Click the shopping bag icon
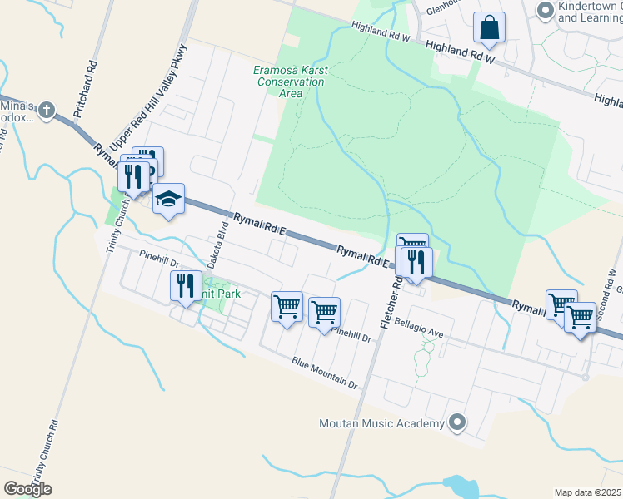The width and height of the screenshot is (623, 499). pyautogui.click(x=490, y=28)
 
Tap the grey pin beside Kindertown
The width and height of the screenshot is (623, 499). pyautogui.click(x=546, y=11)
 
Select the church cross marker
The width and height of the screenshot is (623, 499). pyautogui.click(x=47, y=109)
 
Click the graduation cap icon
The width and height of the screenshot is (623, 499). pyautogui.click(x=168, y=200)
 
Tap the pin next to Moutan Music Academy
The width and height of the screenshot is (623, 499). pyautogui.click(x=456, y=423)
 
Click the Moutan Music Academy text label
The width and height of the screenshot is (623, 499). pyautogui.click(x=382, y=424)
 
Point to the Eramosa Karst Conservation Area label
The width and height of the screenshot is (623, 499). pyautogui.click(x=290, y=82)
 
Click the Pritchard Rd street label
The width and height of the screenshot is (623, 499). pyautogui.click(x=85, y=88)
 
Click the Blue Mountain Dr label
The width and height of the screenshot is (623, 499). pyautogui.click(x=324, y=373)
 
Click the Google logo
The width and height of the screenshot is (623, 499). pyautogui.click(x=27, y=488)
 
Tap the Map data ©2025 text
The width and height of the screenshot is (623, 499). pyautogui.click(x=586, y=492)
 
